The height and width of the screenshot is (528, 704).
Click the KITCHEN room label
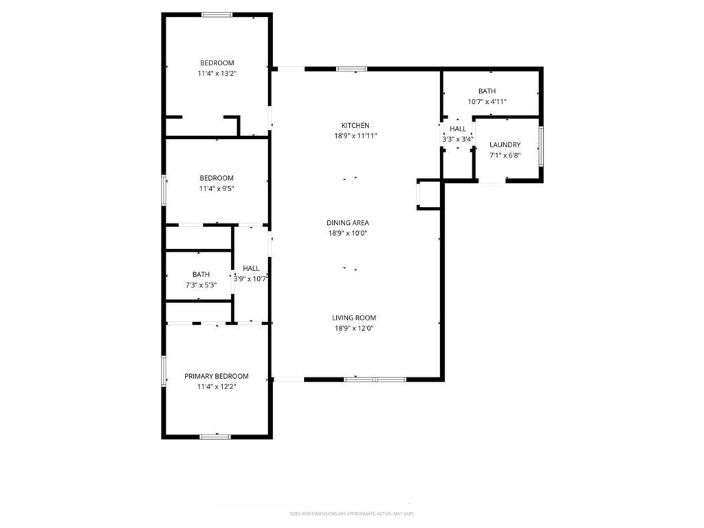(x=355, y=126)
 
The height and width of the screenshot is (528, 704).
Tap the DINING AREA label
(x=347, y=223)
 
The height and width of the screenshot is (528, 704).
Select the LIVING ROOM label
(x=353, y=318)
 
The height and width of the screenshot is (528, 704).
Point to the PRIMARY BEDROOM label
(x=216, y=376)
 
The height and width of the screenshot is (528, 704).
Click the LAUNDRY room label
(x=505, y=145)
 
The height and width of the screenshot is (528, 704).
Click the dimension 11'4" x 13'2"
(x=217, y=73)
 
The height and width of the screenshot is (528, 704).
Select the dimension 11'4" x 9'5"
(x=217, y=188)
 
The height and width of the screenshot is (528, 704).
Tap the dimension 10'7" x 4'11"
(x=487, y=102)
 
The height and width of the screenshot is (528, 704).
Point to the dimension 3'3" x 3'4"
(x=458, y=140)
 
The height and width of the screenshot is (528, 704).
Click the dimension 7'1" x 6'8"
(x=505, y=155)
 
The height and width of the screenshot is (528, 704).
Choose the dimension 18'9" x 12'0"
(x=353, y=329)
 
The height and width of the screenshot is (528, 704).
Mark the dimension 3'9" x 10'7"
(x=251, y=279)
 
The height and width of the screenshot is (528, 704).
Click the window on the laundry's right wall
(x=540, y=146)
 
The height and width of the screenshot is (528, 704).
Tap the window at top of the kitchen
(x=351, y=69)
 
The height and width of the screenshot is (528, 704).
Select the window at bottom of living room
(x=375, y=379)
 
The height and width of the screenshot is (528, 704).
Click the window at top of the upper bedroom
(x=217, y=14)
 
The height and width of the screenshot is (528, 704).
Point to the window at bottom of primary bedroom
(x=215, y=436)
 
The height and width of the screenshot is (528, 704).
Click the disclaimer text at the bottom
(x=351, y=514)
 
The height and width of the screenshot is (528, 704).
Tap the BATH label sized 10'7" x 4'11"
(x=487, y=91)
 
